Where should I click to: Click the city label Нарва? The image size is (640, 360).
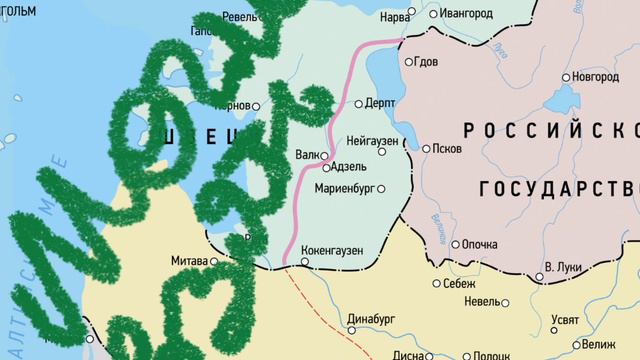click(394, 18)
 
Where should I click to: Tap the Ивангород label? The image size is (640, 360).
click(467, 15)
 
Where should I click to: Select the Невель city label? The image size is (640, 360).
click(482, 300)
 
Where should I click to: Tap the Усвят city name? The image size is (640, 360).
click(564, 320)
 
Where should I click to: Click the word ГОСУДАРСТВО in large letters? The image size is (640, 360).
click(558, 190)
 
